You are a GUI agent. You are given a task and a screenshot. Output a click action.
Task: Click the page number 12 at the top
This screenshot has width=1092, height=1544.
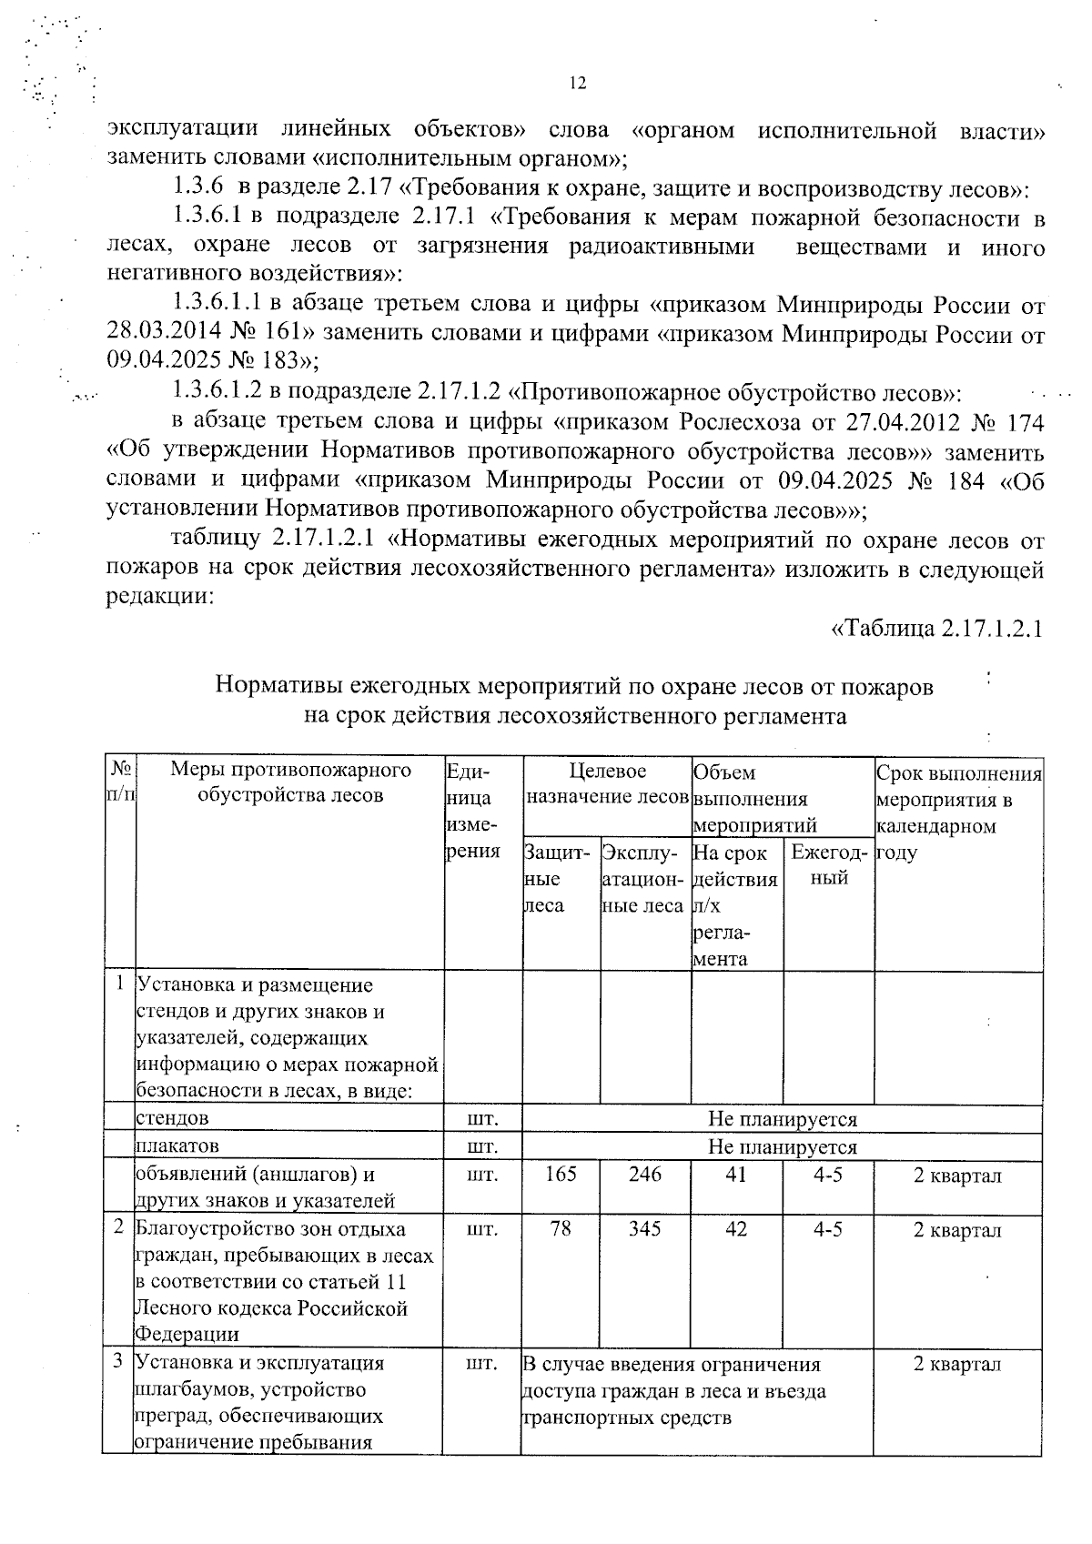(577, 84)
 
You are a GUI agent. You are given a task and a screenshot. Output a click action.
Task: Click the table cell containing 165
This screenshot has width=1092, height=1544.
(561, 1175)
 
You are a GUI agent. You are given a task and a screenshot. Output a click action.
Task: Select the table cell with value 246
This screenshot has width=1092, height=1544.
(644, 1175)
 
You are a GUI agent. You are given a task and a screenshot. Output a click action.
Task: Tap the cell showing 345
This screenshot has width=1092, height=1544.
(644, 1229)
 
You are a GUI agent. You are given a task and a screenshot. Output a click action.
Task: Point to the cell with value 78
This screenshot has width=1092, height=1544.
(561, 1229)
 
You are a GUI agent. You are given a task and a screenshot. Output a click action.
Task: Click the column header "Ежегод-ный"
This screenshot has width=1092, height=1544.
(828, 865)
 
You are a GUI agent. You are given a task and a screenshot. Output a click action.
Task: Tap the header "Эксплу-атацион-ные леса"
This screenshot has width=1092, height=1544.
(643, 879)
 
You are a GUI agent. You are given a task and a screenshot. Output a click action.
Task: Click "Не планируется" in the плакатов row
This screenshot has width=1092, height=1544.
(782, 1146)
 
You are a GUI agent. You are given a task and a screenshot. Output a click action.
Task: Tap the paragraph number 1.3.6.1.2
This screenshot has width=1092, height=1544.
(217, 392)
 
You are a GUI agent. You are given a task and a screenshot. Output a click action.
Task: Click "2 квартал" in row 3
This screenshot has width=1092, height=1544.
(957, 1364)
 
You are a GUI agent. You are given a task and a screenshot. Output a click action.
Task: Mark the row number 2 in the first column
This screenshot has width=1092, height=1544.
(118, 1228)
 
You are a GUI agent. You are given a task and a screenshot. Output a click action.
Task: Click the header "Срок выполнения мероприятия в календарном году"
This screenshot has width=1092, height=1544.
(958, 812)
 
